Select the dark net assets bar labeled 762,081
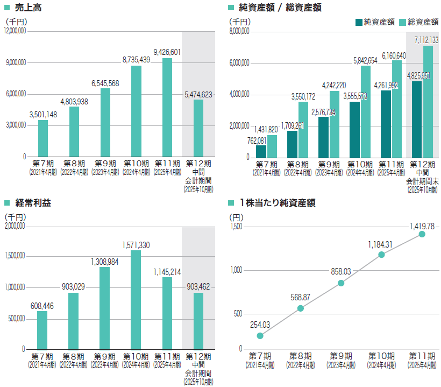tap(261, 151)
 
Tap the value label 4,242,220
tap(334, 85)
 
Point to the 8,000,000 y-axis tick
tap(239, 31)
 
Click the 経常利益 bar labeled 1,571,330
tap(136, 299)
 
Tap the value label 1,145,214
tap(167, 271)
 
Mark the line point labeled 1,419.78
tap(422, 234)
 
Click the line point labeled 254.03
tap(260, 335)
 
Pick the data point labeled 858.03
tap(341, 283)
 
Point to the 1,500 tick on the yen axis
tap(236, 227)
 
